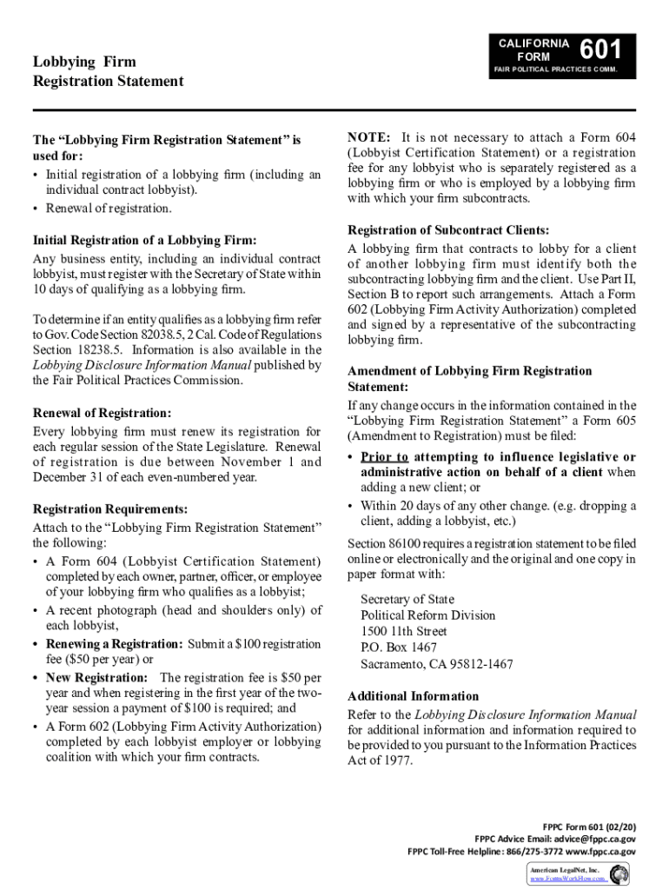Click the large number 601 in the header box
coord(600,50)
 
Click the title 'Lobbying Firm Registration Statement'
coord(108,71)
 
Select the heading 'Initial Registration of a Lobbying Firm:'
coord(144,240)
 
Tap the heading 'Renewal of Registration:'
coord(102,414)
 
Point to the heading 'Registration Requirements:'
coord(109,509)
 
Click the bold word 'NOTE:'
coord(369,137)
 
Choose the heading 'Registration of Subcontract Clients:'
coord(448,230)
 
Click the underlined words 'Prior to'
coord(384,457)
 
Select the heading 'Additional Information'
coord(413,696)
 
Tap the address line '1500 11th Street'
coord(404,632)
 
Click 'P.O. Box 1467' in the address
coord(399,648)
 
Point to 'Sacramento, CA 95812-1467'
coord(436,664)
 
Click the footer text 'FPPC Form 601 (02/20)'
coord(589,826)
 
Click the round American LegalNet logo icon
coord(620,873)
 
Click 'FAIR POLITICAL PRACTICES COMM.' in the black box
coord(555,70)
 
